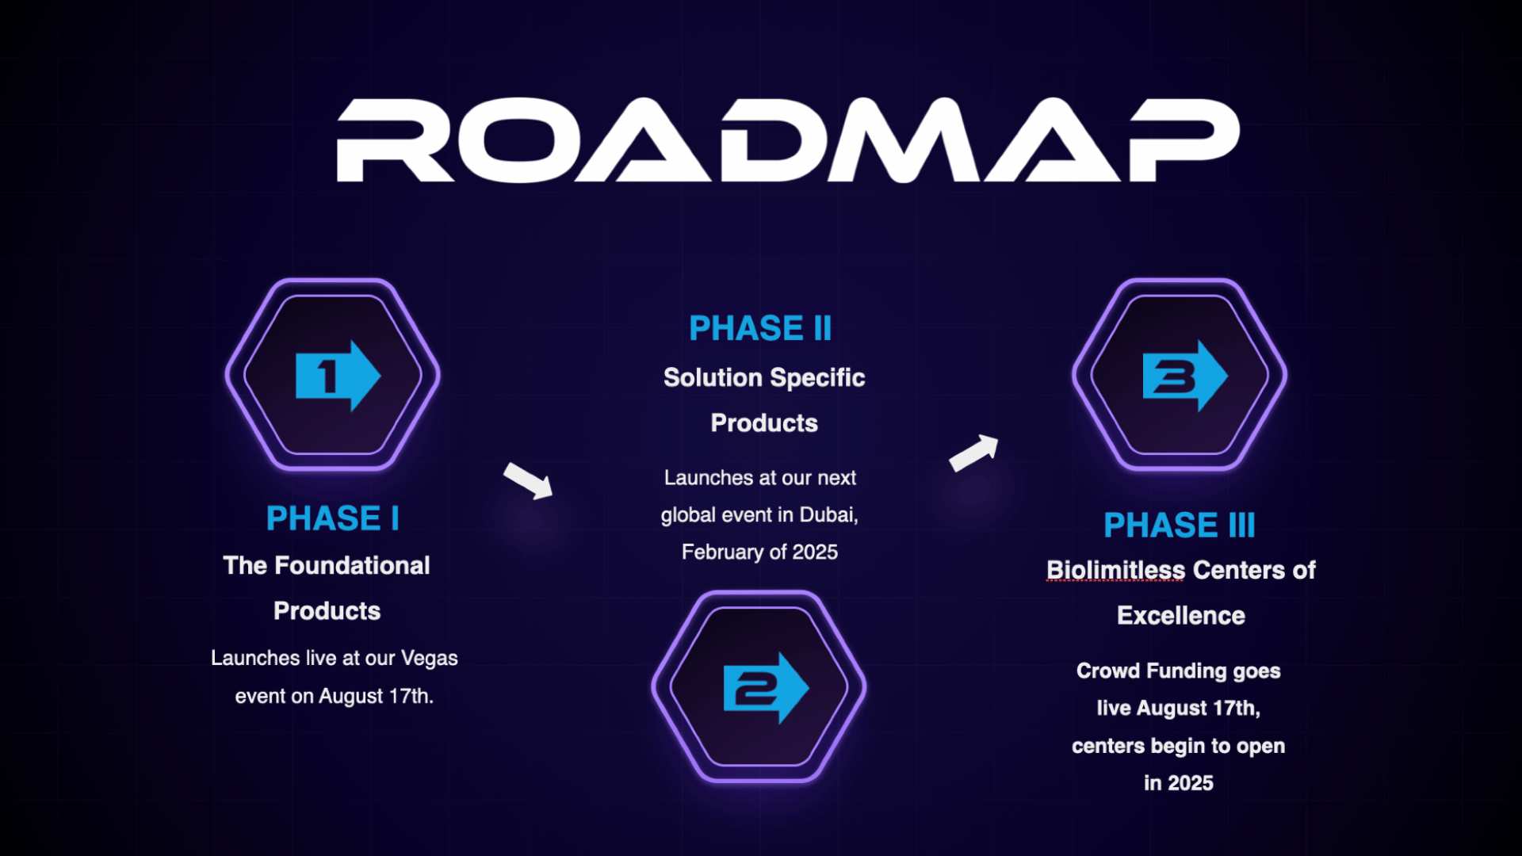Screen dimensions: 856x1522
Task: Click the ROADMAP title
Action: click(787, 140)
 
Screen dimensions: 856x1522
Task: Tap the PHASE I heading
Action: click(332, 519)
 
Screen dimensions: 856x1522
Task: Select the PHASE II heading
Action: click(760, 328)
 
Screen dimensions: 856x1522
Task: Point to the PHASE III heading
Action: click(1179, 525)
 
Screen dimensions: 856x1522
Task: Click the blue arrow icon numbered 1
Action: click(337, 376)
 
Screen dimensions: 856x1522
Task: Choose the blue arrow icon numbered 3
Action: click(1184, 376)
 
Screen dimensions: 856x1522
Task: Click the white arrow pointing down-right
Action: click(529, 480)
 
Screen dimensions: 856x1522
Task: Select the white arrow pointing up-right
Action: click(974, 453)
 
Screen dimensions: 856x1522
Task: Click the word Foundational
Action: click(352, 566)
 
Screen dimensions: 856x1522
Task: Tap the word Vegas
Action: click(429, 659)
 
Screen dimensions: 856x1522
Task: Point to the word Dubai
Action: click(828, 515)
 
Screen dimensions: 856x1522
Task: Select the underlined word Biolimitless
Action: click(1115, 571)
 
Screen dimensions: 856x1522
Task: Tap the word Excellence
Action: click(1180, 616)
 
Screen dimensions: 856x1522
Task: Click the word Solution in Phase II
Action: click(702, 378)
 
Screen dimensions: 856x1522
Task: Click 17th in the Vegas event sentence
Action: click(411, 697)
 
